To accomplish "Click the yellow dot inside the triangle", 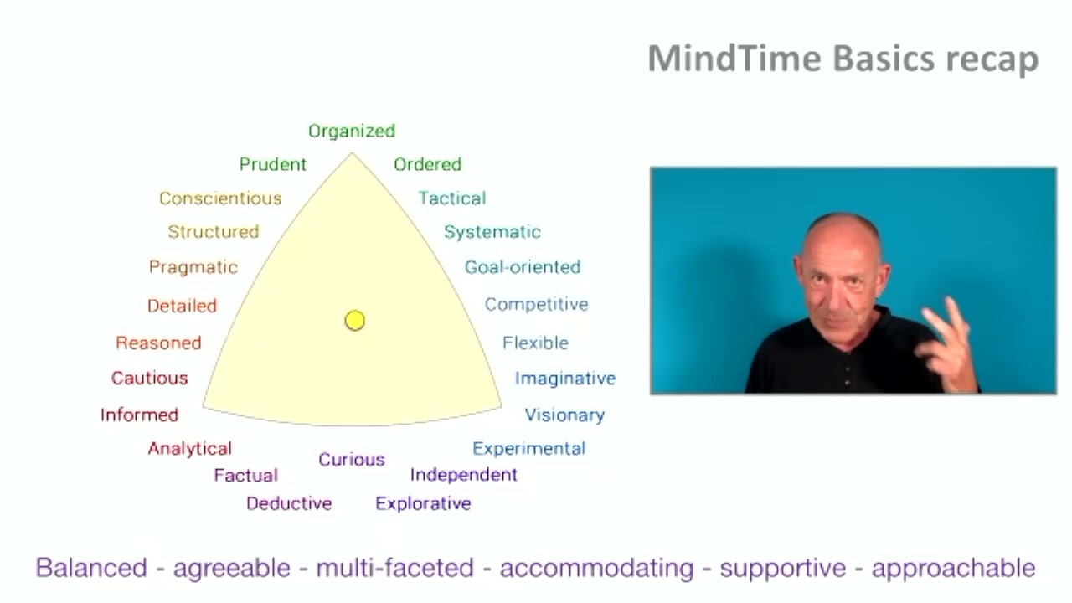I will point(354,321).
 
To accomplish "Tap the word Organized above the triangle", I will point(352,131).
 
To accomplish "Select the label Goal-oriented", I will point(523,267).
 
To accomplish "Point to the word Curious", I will point(352,459).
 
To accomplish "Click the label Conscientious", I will point(220,198).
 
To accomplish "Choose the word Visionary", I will point(564,415).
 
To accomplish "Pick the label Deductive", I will point(289,503).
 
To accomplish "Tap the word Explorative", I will point(423,503).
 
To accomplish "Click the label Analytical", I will point(189,449).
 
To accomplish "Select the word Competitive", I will point(537,304).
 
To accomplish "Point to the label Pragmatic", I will point(193,267).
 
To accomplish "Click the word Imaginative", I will point(565,379).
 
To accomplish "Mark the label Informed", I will point(139,415).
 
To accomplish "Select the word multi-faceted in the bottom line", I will point(394,568).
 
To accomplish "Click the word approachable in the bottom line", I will point(954,569).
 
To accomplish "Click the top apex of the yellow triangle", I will point(352,154).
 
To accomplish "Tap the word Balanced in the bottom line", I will point(91,568).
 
